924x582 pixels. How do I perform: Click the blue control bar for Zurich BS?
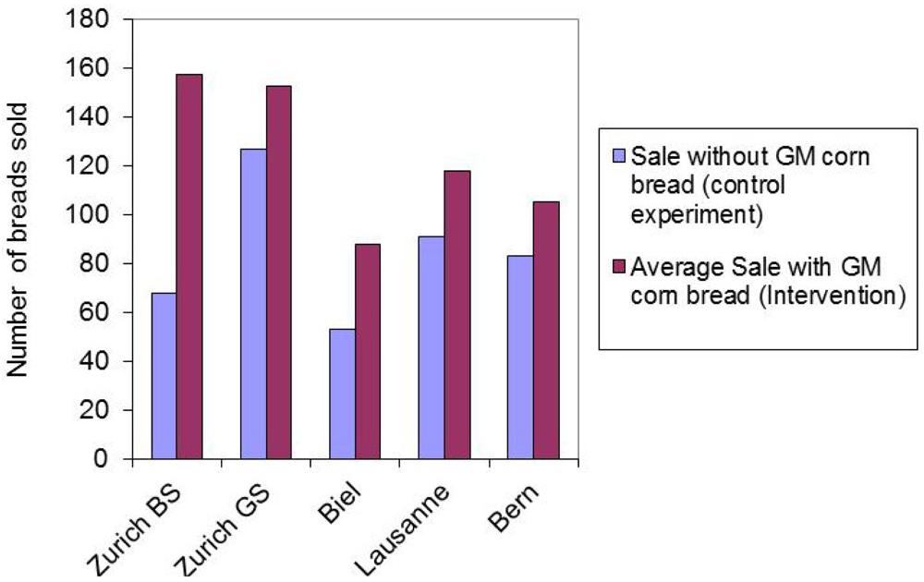(x=164, y=376)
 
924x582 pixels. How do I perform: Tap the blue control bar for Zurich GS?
(x=253, y=304)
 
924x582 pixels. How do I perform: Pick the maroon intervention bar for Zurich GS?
(x=278, y=273)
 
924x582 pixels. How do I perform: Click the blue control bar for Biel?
(x=342, y=394)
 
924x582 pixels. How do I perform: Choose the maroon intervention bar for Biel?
(x=367, y=351)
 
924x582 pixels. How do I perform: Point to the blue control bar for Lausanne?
(x=431, y=347)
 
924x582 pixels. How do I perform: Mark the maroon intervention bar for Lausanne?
(x=456, y=314)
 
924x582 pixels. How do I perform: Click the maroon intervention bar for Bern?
(x=545, y=330)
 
